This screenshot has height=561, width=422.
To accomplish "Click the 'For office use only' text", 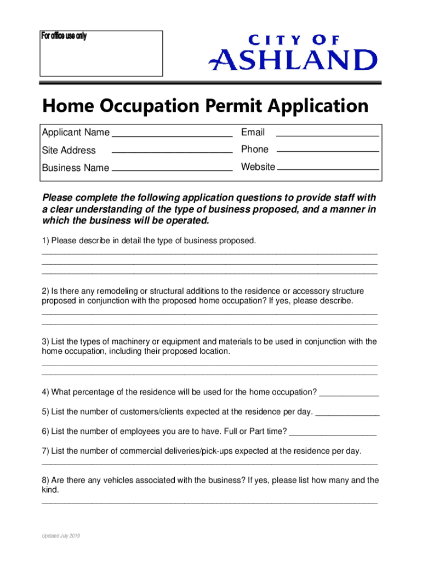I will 64,37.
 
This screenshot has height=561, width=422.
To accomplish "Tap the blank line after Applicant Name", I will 172,135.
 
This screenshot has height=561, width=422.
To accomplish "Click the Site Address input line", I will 172,152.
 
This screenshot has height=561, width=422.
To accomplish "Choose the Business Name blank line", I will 172,170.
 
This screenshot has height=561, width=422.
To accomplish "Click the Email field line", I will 327,135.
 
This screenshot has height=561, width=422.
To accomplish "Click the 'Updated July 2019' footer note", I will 61,536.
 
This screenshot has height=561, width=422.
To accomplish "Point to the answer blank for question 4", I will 349,394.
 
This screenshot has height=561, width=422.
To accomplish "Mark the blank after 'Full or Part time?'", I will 332,434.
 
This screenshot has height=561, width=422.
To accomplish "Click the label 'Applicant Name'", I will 76,133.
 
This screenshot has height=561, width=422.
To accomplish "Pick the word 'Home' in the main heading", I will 64,106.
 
